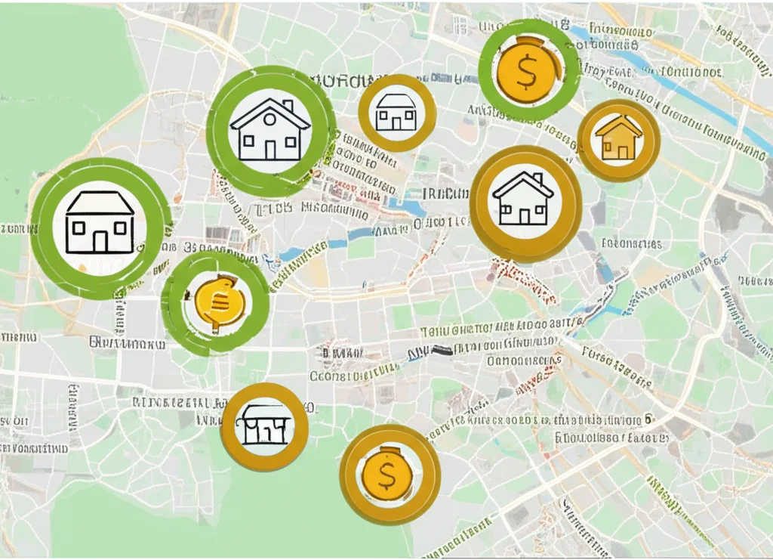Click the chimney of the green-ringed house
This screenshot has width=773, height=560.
point(287,107)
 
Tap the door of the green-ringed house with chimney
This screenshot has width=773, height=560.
point(269,150)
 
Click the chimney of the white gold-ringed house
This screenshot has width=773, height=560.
point(538,179)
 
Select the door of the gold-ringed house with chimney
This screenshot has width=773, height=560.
point(524,216)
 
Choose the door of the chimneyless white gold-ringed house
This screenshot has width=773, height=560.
point(396,123)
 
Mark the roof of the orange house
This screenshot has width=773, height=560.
point(618,124)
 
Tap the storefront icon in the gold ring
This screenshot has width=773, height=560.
point(263,425)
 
